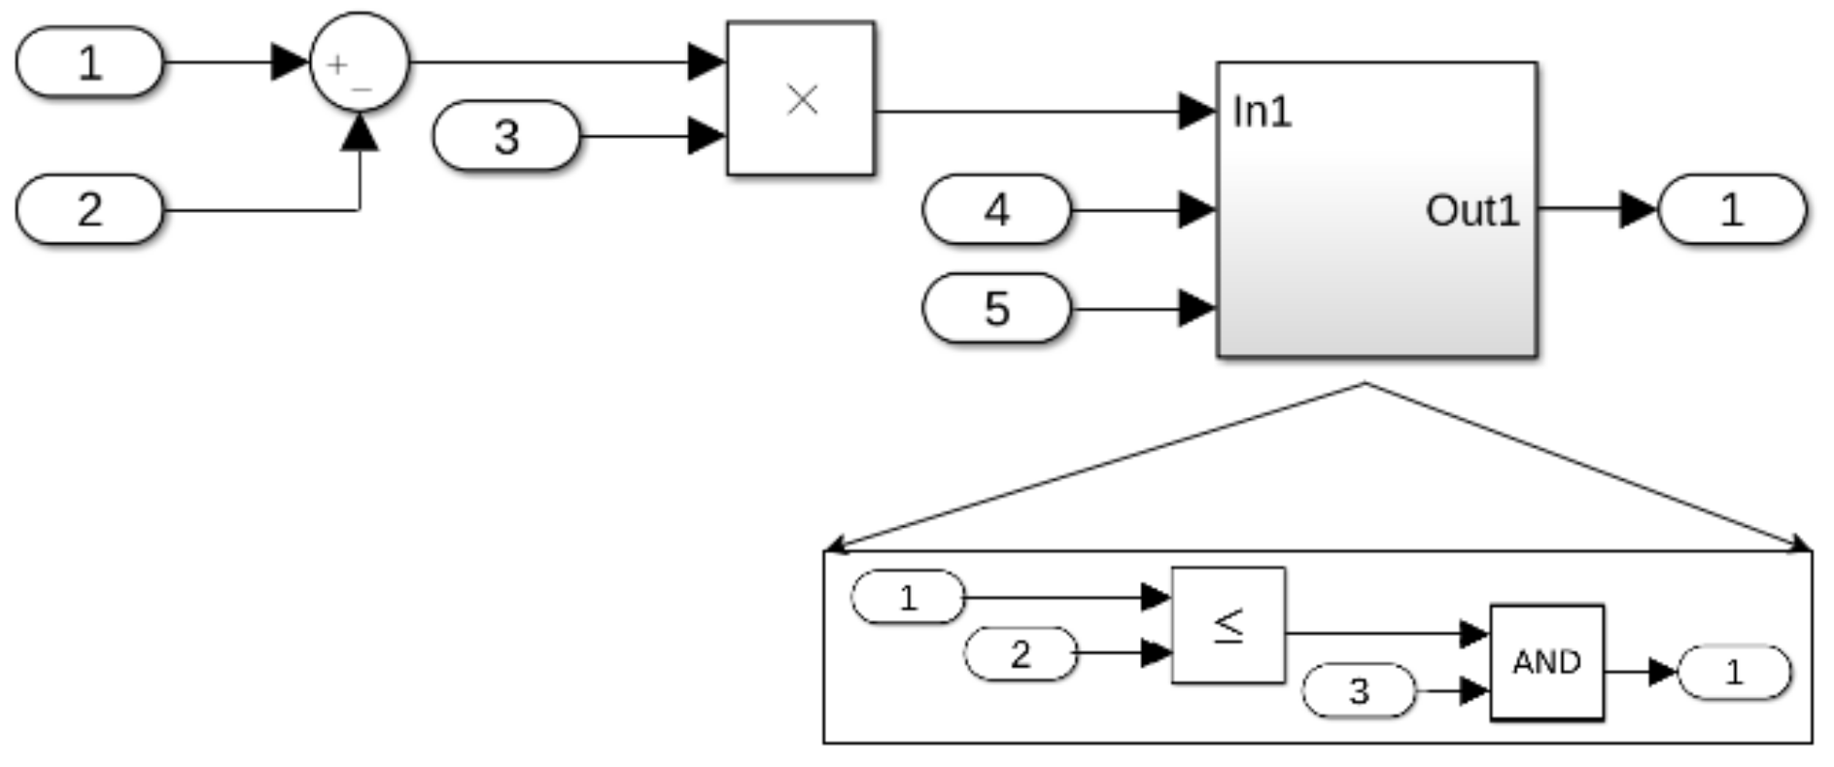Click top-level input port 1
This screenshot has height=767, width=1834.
(89, 62)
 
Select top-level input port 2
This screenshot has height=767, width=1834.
(89, 209)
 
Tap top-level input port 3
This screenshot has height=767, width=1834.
(506, 136)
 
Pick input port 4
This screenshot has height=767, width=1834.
(996, 209)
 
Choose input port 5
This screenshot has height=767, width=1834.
(996, 308)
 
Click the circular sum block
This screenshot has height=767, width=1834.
(359, 62)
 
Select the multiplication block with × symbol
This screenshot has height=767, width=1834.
(801, 98)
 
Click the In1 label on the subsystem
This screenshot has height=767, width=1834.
(1262, 112)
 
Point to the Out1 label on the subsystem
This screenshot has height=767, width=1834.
(1471, 210)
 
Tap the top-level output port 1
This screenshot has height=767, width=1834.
(1731, 209)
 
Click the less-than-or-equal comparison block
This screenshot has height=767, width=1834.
(1228, 625)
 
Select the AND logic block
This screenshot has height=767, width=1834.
(1546, 662)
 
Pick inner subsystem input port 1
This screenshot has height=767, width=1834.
(908, 597)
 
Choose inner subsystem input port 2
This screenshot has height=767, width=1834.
(1020, 653)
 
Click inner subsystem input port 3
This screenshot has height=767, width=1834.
(1359, 690)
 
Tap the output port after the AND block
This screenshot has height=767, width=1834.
(1734, 672)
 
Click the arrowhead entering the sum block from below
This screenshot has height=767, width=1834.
(360, 133)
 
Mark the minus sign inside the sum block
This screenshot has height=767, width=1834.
(363, 88)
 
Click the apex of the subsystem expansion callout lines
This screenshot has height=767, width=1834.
(1366, 384)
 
